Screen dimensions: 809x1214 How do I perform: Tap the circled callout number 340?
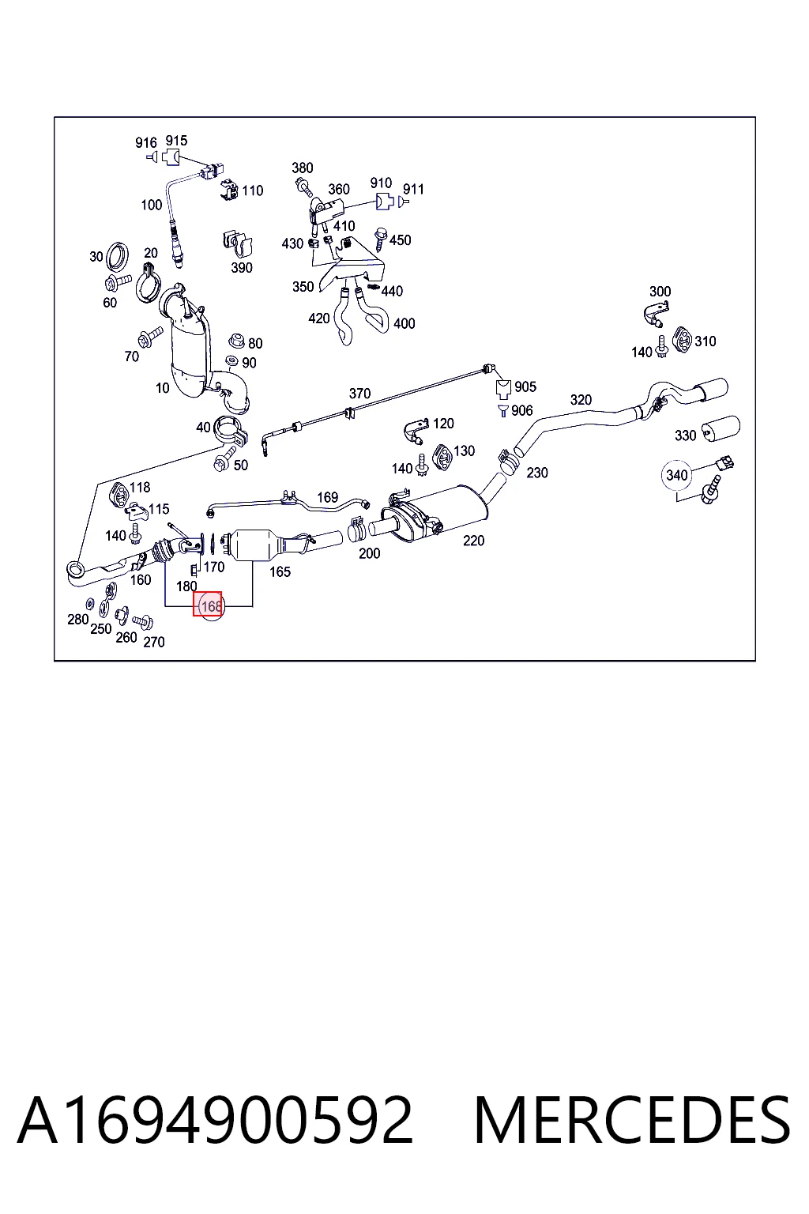pos(676,475)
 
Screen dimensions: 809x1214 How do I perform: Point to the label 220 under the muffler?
pos(473,541)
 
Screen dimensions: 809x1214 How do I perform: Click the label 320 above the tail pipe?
pos(581,400)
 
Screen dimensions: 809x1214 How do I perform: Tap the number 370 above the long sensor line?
pos(359,394)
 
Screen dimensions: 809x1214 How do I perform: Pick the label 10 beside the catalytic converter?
pos(163,388)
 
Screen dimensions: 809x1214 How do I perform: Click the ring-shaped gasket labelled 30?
pos(118,258)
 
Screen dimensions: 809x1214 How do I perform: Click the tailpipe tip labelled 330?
pos(721,429)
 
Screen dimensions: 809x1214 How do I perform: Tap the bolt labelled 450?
pos(380,239)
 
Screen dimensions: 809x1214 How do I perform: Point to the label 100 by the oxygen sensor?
pos(152,205)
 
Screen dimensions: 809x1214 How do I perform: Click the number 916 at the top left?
pos(145,142)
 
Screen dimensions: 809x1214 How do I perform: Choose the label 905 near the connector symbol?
pos(525,387)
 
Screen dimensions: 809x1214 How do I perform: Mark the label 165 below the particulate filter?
pos(280,571)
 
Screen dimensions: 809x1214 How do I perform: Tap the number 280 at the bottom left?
pos(78,619)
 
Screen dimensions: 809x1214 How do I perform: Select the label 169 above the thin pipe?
pos(327,497)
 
